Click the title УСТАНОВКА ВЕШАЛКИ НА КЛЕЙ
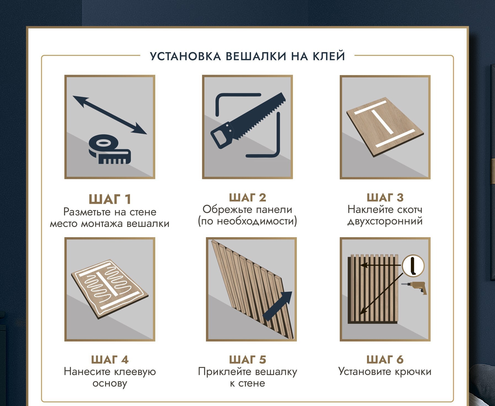pyautogui.click(x=247, y=56)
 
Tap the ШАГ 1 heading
pyautogui.click(x=110, y=199)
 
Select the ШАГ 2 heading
pyautogui.click(x=247, y=197)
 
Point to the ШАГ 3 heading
pyautogui.click(x=385, y=197)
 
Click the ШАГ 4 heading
pyautogui.click(x=110, y=360)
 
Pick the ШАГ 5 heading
pyautogui.click(x=247, y=360)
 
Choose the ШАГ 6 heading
pyautogui.click(x=385, y=360)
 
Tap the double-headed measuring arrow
pyautogui.click(x=110, y=115)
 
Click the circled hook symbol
pyautogui.click(x=413, y=266)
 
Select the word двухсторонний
pyautogui.click(x=385, y=221)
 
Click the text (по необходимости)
pyautogui.click(x=247, y=221)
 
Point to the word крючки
pyautogui.click(x=413, y=372)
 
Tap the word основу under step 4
pyautogui.click(x=110, y=383)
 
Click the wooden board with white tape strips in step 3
pyautogui.click(x=385, y=127)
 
